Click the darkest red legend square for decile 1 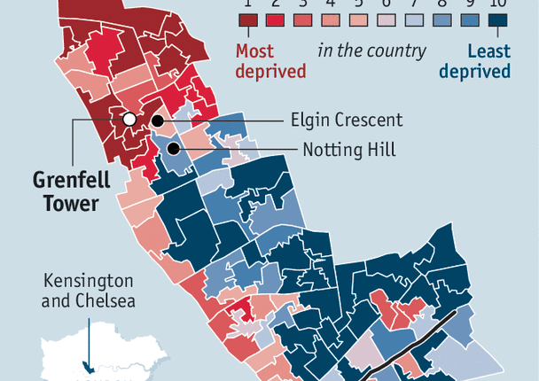click(x=247, y=22)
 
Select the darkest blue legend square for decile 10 click(x=497, y=22)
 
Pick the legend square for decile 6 click(x=387, y=22)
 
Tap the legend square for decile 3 click(x=303, y=22)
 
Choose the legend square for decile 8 click(x=441, y=22)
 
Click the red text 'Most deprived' click(x=267, y=61)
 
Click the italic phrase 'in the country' click(x=372, y=51)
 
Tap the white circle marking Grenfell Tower click(x=129, y=119)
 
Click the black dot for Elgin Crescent click(x=157, y=121)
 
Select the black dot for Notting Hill click(x=176, y=150)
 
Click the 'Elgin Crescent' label click(x=347, y=121)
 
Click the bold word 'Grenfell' click(x=72, y=181)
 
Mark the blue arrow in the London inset click(x=86, y=351)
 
